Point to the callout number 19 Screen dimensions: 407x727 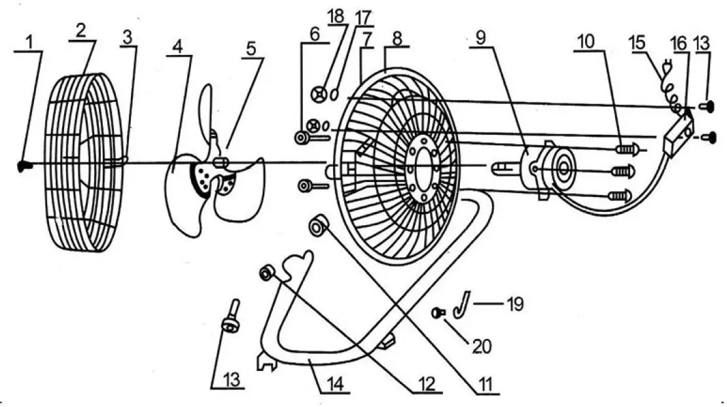pos(515,304)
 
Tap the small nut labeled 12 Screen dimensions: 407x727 pos(266,273)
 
